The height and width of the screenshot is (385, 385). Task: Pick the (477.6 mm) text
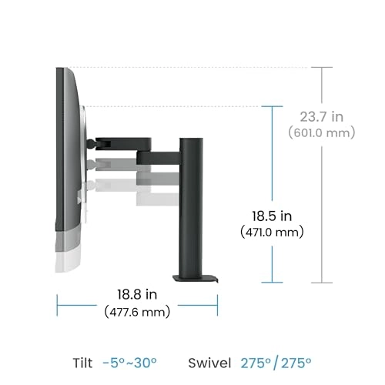point(137,312)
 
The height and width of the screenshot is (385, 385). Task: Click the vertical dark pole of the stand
point(191,208)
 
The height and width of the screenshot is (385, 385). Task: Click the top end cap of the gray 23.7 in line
point(322,68)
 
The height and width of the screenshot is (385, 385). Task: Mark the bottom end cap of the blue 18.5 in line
point(273,283)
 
